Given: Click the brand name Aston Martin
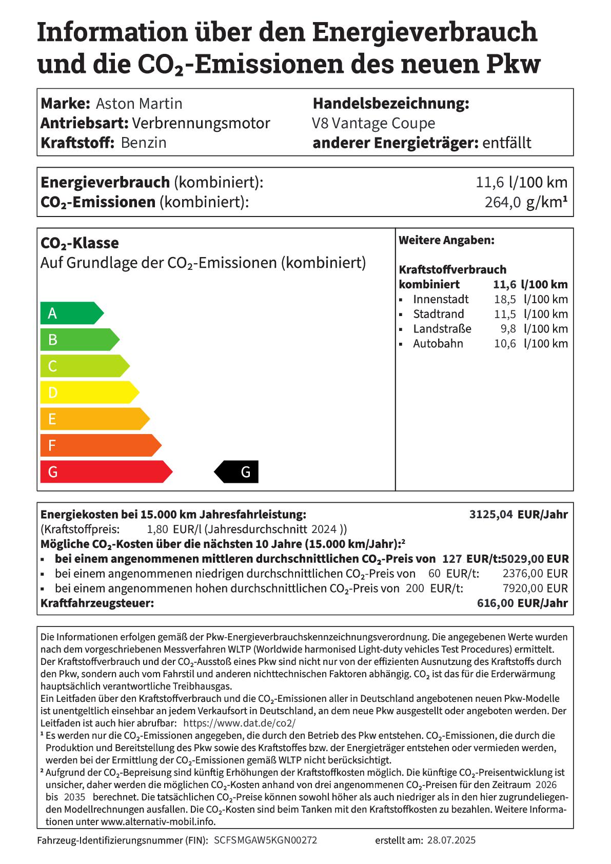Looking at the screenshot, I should [x=139, y=104].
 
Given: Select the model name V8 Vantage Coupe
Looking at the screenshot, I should [x=373, y=124].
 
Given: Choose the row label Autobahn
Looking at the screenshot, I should [x=438, y=344].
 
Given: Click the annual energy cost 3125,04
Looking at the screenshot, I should [x=491, y=515].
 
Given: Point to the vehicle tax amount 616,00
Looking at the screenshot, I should [x=495, y=603].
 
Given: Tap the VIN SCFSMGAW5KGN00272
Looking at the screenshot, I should [x=265, y=840].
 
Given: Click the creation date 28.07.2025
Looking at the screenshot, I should [x=451, y=840].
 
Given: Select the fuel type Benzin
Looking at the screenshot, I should [x=144, y=143].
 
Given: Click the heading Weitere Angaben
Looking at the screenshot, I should [x=446, y=240].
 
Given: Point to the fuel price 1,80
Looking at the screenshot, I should [x=157, y=529].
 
